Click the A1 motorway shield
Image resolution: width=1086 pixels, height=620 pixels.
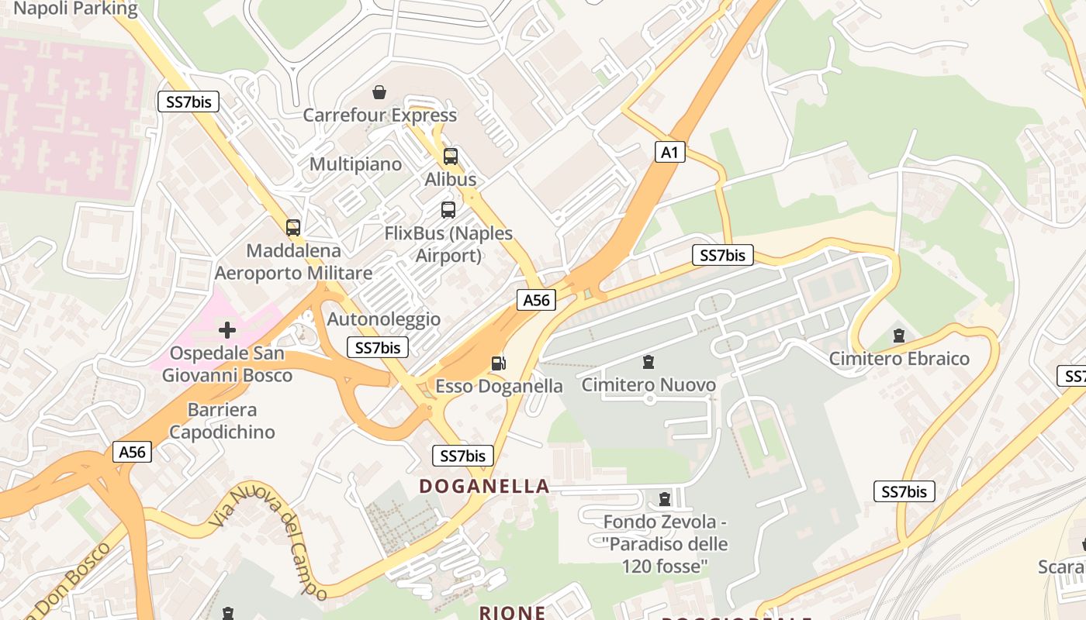tap(669, 153)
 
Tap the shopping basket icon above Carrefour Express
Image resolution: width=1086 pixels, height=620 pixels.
tap(379, 93)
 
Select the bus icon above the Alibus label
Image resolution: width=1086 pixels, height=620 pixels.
tap(451, 157)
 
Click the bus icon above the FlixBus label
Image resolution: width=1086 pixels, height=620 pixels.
tap(448, 209)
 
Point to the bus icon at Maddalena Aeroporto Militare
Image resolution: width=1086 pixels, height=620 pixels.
tap(293, 228)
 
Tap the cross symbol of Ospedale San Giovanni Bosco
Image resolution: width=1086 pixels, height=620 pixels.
tap(227, 331)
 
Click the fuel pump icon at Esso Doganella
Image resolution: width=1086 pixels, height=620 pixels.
tap(499, 363)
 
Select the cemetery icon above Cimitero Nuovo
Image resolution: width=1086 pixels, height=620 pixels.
tap(648, 361)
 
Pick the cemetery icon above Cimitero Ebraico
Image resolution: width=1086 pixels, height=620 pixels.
tap(899, 336)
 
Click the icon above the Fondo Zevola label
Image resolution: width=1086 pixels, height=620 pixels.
tap(664, 498)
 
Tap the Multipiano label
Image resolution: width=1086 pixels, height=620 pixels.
tap(356, 164)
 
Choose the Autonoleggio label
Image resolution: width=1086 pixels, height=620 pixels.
tap(384, 319)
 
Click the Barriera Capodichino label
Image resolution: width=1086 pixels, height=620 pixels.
tap(222, 421)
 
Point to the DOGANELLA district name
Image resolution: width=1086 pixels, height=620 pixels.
tap(484, 487)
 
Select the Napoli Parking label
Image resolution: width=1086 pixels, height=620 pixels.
tap(75, 9)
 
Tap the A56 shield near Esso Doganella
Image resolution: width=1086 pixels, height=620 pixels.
tap(536, 300)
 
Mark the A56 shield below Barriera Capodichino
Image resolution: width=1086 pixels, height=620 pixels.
tap(132, 453)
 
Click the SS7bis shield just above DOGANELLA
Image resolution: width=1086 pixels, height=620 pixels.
tap(463, 456)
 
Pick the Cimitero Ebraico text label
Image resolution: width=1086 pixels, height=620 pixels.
tap(899, 359)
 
